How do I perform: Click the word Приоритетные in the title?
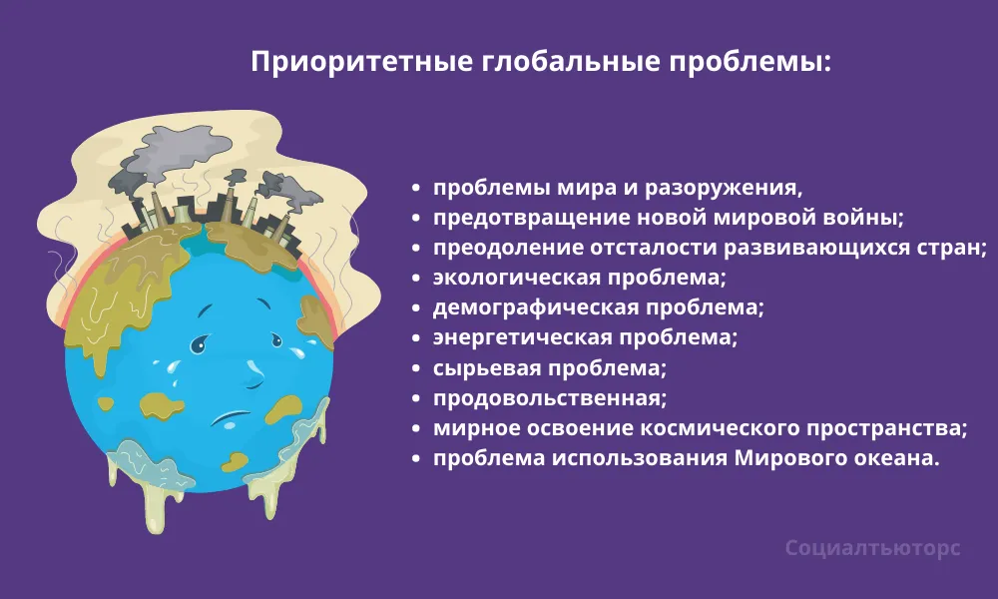point(361,62)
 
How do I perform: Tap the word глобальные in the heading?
point(570,61)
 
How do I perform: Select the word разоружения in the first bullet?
point(723,189)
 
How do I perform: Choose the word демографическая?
point(535,308)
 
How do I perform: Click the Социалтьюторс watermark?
point(872,548)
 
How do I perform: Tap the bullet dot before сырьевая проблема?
point(416,369)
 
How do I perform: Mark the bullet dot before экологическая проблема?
point(416,279)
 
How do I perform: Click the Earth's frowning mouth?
point(232,418)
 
